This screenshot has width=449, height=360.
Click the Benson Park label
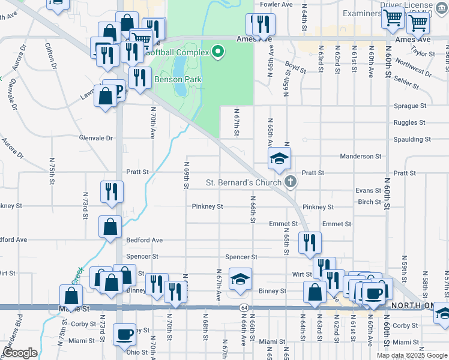178,79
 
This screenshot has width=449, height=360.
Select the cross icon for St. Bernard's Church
291,181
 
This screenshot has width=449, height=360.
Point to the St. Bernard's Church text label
244,182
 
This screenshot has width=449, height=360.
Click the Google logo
20,353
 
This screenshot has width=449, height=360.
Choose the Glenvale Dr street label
96,138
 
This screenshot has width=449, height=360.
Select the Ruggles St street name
410,122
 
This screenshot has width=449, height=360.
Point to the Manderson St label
361,156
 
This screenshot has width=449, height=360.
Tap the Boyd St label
296,66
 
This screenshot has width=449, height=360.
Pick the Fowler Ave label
276,4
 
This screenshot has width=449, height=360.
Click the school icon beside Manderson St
279,158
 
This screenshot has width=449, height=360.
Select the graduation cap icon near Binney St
240,278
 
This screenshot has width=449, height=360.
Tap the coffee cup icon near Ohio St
125,334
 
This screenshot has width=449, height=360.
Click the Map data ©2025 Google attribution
412,355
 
